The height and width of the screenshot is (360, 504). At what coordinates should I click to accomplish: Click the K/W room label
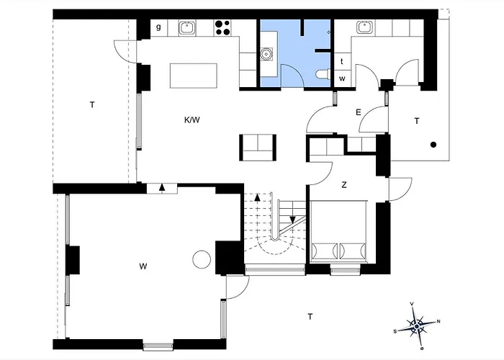tap(192, 120)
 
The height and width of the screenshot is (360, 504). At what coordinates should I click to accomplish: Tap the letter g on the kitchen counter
tap(158, 27)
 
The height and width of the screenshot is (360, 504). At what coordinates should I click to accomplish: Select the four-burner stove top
tap(222, 27)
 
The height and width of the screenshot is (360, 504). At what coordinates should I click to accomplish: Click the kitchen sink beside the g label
tap(186, 27)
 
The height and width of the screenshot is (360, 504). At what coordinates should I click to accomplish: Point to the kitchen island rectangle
tap(194, 76)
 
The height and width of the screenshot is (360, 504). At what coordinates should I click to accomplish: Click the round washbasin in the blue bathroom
tap(266, 54)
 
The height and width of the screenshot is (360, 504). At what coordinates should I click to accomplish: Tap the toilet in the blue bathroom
tap(323, 74)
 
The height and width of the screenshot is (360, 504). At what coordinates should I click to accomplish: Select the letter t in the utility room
tap(342, 61)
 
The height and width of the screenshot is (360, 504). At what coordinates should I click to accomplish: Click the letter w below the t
tap(342, 78)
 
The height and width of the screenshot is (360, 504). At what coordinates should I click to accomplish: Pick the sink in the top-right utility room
tap(364, 27)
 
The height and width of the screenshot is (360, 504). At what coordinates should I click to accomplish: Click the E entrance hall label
tap(359, 112)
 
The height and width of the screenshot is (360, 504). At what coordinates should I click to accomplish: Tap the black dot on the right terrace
tap(433, 145)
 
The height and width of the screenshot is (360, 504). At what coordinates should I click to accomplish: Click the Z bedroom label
tap(344, 185)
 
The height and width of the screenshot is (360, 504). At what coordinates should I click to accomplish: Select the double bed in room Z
tap(339, 231)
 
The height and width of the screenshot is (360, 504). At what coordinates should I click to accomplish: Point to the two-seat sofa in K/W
tap(258, 148)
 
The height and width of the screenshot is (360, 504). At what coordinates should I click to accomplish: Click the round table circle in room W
tap(202, 260)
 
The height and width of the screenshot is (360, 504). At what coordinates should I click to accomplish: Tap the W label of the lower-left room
tap(143, 266)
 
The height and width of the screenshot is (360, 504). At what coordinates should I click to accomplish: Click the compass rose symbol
tap(417, 326)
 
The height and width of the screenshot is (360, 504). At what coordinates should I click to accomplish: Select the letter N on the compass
tap(438, 321)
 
